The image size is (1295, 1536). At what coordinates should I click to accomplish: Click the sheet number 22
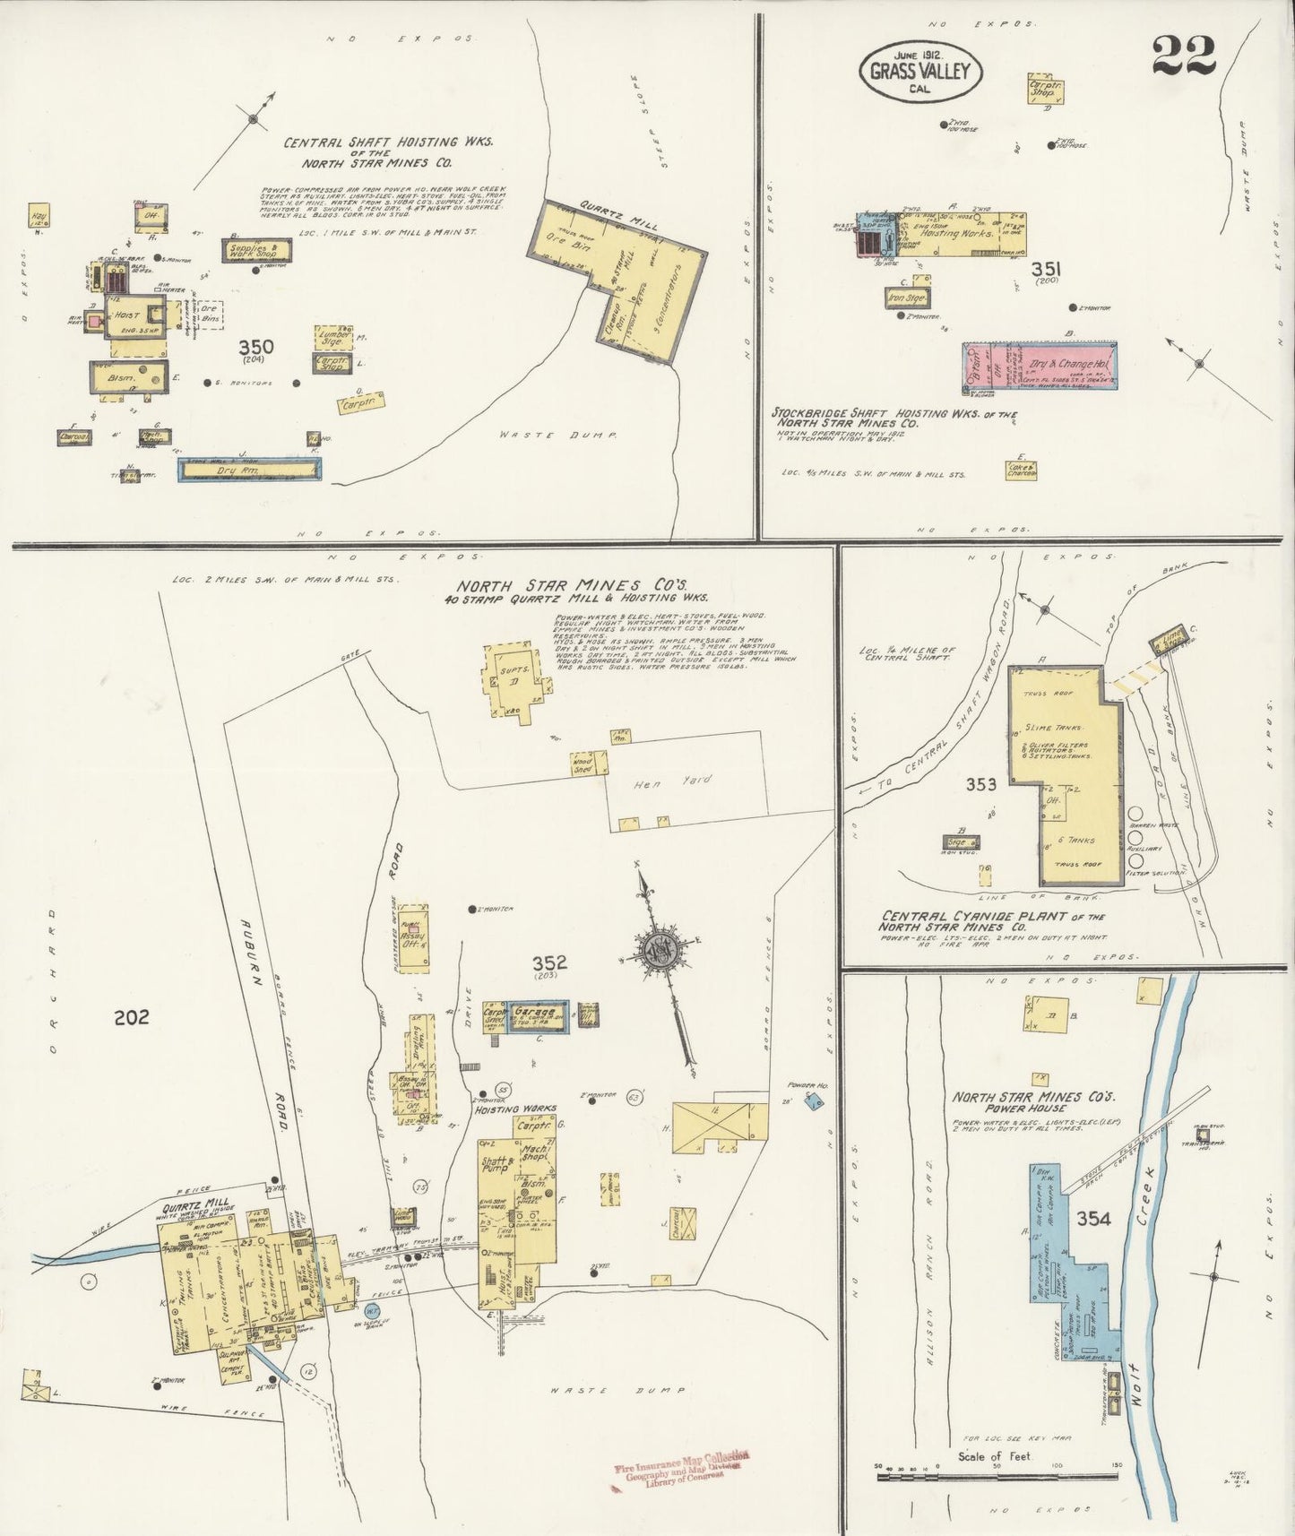tap(1183, 56)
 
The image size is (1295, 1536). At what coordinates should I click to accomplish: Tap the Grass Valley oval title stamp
tap(920, 71)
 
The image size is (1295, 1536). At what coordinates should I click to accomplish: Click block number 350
tap(256, 348)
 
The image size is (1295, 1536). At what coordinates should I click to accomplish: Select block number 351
tap(1046, 269)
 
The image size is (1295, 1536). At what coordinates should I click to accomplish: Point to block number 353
tap(981, 785)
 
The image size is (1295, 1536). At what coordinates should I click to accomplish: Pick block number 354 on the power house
tap(1094, 1219)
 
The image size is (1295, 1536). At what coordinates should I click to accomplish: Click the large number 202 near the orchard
tap(132, 1017)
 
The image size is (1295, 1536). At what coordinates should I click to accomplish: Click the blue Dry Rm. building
tap(248, 469)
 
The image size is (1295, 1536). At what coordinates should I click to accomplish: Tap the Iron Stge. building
tap(907, 298)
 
